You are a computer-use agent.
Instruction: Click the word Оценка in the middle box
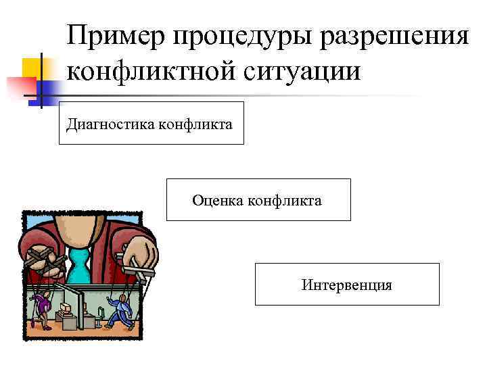216,200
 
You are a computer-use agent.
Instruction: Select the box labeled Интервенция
347,285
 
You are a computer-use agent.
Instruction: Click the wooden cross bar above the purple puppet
41,260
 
